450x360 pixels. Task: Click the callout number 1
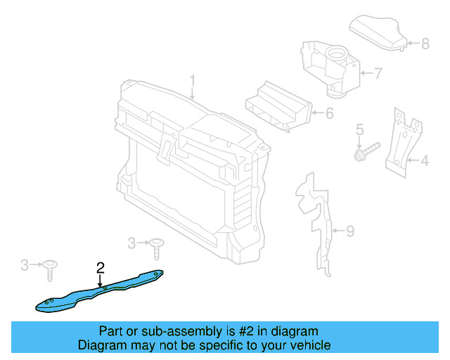click(x=192, y=82)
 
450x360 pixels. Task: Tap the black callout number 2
click(x=101, y=267)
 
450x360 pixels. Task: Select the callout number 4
click(x=424, y=162)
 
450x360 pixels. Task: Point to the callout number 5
click(x=359, y=129)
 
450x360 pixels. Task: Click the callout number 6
click(x=329, y=112)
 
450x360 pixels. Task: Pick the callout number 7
click(x=378, y=72)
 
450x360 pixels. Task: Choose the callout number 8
click(x=425, y=44)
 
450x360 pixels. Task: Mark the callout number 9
click(x=350, y=230)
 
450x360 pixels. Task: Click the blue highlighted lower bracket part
click(x=98, y=291)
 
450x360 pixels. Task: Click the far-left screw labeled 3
click(x=51, y=268)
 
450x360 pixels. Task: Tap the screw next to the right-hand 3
click(x=156, y=247)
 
